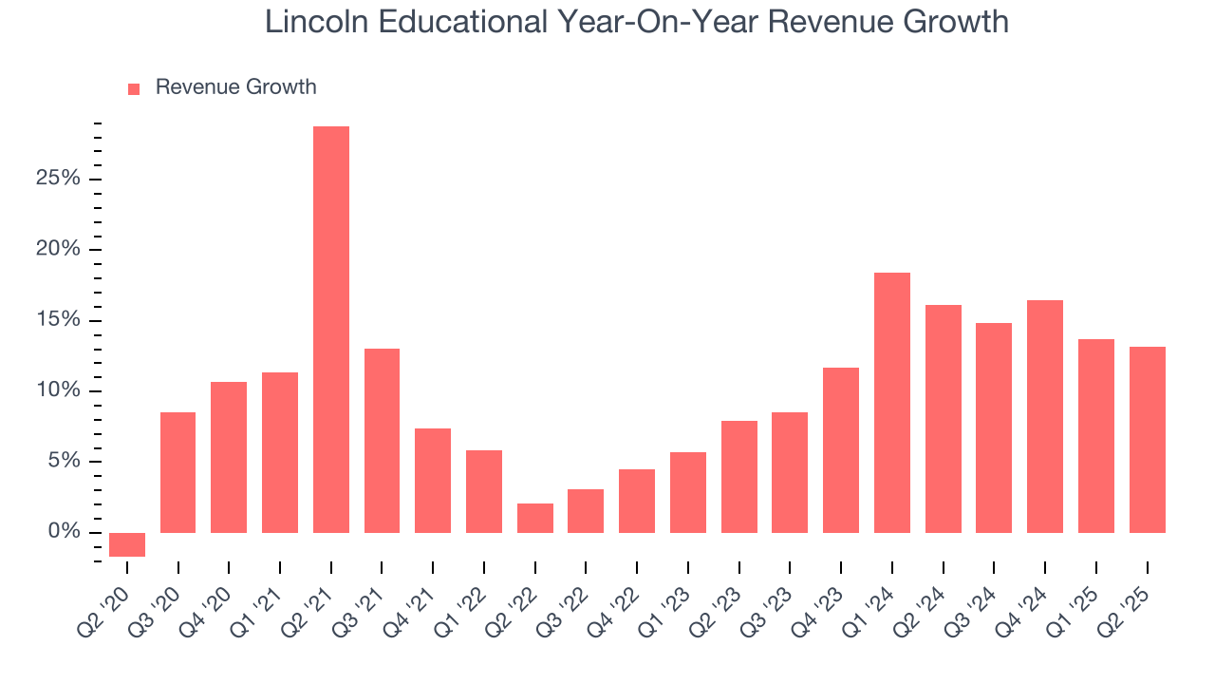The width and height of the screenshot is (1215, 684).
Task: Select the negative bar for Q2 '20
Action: (127, 544)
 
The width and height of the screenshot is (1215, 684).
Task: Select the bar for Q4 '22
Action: (637, 501)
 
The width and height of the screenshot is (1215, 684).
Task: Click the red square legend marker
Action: (134, 88)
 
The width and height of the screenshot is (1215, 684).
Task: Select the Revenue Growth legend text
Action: (235, 87)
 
